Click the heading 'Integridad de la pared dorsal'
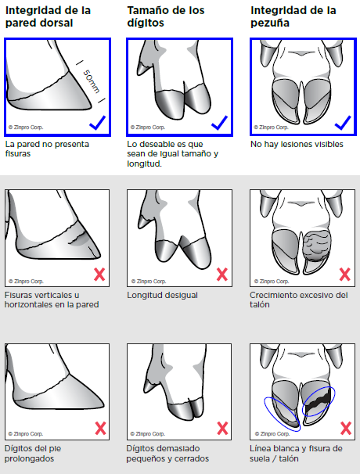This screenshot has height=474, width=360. [48, 16]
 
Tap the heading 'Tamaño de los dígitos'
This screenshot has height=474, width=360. [166, 16]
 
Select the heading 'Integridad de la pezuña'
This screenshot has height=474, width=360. [293, 16]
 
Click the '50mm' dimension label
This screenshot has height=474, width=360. [91, 81]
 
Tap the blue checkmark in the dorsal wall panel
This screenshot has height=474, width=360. [97, 123]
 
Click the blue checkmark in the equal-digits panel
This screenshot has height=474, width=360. [219, 123]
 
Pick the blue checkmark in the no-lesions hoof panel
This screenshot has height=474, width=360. [343, 123]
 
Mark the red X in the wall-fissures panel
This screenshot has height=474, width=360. [99, 275]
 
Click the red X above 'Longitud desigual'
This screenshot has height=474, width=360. [222, 275]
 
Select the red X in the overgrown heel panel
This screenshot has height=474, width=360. [345, 275]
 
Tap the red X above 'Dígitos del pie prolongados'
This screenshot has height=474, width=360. [100, 429]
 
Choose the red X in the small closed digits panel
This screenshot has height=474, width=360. [223, 429]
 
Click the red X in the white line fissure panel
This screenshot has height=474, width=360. [346, 429]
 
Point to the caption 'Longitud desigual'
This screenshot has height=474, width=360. [162, 296]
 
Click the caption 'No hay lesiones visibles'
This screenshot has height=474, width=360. [297, 144]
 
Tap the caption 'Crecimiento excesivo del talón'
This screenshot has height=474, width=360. [299, 300]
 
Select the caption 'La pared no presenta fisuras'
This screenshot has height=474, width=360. [47, 149]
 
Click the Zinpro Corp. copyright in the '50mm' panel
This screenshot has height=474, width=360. [26, 127]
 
